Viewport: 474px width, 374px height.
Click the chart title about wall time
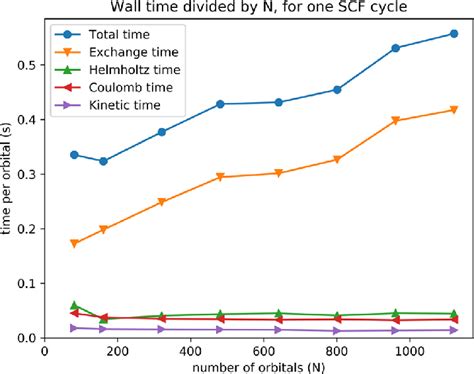253,9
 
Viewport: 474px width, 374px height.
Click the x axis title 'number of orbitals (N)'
253,367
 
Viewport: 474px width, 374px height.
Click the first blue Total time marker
75,155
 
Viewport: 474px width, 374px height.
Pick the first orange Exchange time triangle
75,244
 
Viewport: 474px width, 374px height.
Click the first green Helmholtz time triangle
75,305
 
